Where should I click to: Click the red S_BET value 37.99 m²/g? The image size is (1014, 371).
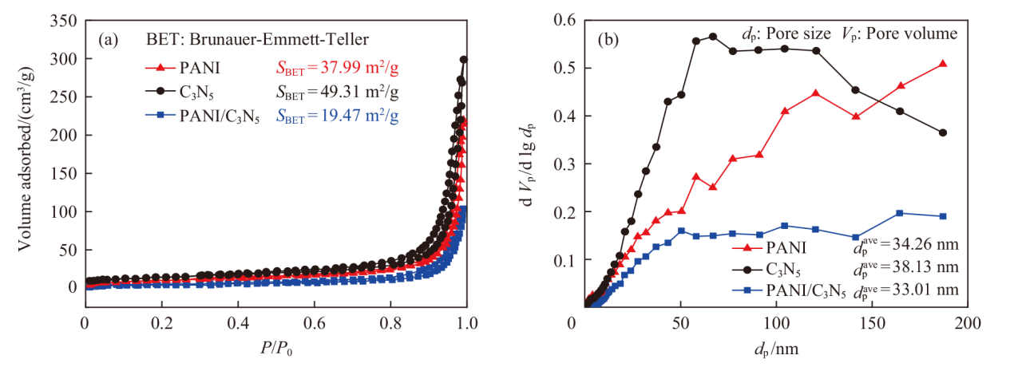click(337, 68)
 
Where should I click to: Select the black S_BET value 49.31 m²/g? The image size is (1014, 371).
click(337, 93)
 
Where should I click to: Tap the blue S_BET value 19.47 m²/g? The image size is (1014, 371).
click(337, 116)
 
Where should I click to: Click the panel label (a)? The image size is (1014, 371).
click(109, 40)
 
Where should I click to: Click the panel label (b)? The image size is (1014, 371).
click(608, 40)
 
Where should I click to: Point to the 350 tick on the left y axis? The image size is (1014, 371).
click(63, 21)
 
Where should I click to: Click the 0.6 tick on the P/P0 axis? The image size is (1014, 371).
click(314, 323)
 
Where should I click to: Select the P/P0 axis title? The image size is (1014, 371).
click(276, 349)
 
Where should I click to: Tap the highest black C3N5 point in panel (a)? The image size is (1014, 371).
click(464, 59)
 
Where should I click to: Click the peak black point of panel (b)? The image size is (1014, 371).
click(712, 37)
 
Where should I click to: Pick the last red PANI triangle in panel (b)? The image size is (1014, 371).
click(943, 64)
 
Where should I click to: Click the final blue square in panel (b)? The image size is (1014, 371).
click(943, 216)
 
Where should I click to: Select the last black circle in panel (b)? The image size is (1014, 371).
click(943, 132)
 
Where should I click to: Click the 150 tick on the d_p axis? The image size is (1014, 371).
click(873, 323)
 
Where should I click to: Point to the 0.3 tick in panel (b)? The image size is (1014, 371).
click(564, 164)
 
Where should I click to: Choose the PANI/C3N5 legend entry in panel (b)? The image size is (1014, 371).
click(789, 290)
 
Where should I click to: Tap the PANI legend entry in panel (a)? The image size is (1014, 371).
click(182, 68)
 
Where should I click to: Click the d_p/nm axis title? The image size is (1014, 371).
click(776, 349)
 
